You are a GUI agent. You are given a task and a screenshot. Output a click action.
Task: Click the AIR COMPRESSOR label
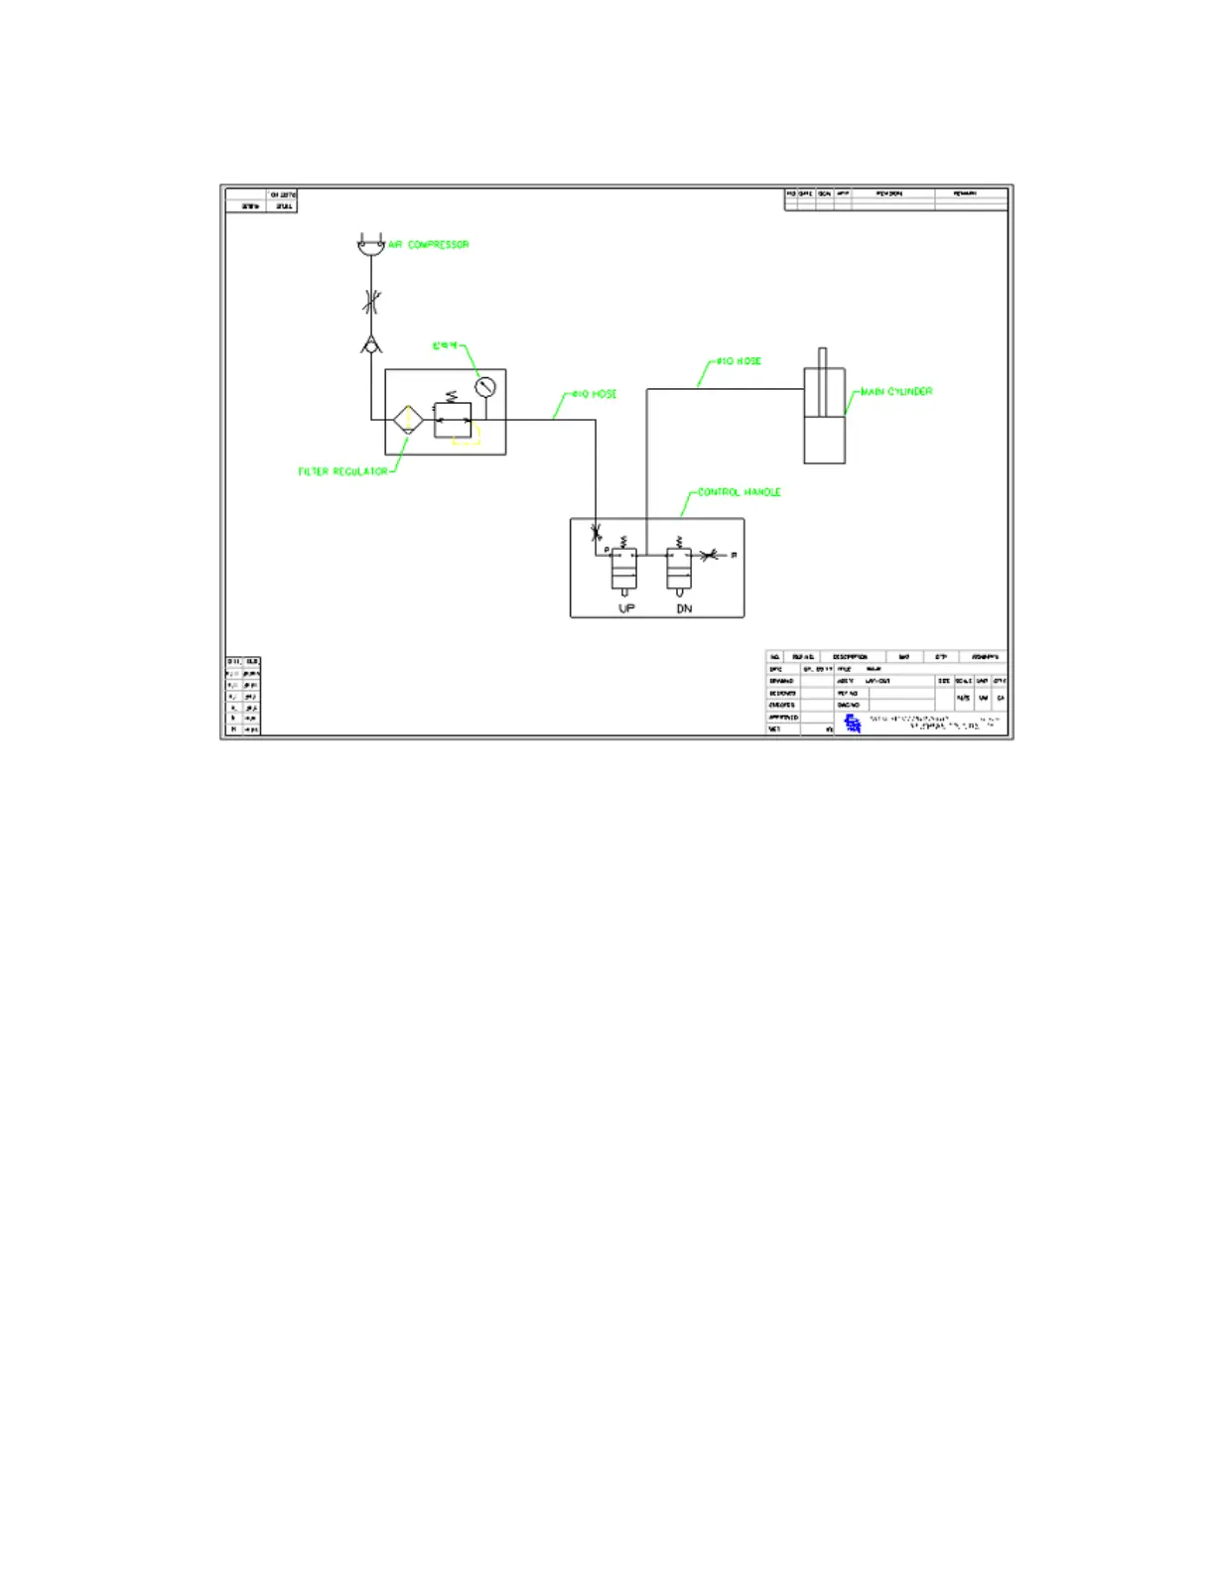pyautogui.click(x=429, y=244)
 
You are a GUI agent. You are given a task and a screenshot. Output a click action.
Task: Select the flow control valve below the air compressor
pyautogui.click(x=370, y=302)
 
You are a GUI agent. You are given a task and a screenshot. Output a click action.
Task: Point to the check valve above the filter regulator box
pyautogui.click(x=370, y=345)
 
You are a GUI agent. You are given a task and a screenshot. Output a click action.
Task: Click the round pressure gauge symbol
pyautogui.click(x=484, y=387)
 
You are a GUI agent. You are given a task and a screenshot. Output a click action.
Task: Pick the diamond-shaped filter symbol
pyautogui.click(x=408, y=420)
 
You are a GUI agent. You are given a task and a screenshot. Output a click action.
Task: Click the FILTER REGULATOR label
pyautogui.click(x=343, y=471)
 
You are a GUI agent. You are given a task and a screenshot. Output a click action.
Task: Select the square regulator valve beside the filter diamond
pyautogui.click(x=453, y=420)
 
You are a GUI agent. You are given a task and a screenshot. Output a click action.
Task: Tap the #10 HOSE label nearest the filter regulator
pyautogui.click(x=595, y=394)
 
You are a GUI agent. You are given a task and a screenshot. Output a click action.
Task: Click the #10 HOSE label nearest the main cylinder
pyautogui.click(x=740, y=361)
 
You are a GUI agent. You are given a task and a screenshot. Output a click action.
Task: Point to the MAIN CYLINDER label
pyautogui.click(x=896, y=392)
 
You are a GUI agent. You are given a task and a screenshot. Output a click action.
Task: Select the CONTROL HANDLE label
pyautogui.click(x=740, y=492)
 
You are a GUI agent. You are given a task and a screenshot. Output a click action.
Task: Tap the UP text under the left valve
pyautogui.click(x=626, y=608)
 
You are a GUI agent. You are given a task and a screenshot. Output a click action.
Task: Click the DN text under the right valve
pyautogui.click(x=684, y=608)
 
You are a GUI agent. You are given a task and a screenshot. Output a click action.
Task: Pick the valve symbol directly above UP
pyautogui.click(x=623, y=570)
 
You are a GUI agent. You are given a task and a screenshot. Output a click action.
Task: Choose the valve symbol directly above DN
pyautogui.click(x=679, y=570)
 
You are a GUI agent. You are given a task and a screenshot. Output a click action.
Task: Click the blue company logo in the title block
pyautogui.click(x=852, y=723)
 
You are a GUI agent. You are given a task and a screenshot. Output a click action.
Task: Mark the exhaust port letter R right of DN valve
pyautogui.click(x=734, y=556)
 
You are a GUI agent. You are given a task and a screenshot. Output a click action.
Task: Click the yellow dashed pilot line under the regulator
pyautogui.click(x=468, y=437)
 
